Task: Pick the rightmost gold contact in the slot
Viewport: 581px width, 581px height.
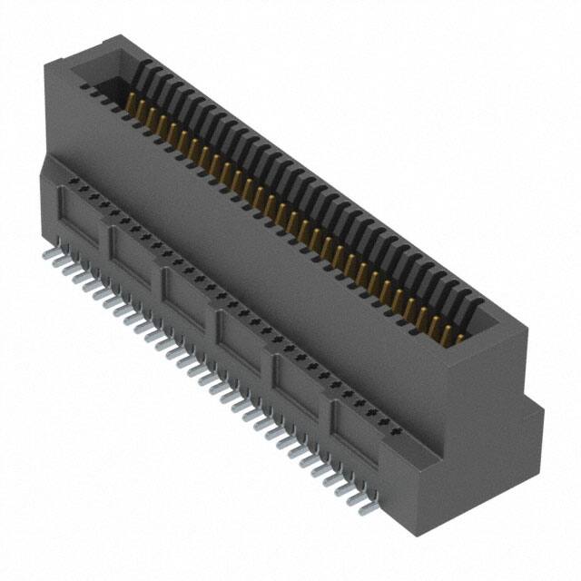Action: click(459, 339)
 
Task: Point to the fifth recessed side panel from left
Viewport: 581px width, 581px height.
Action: click(298, 379)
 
